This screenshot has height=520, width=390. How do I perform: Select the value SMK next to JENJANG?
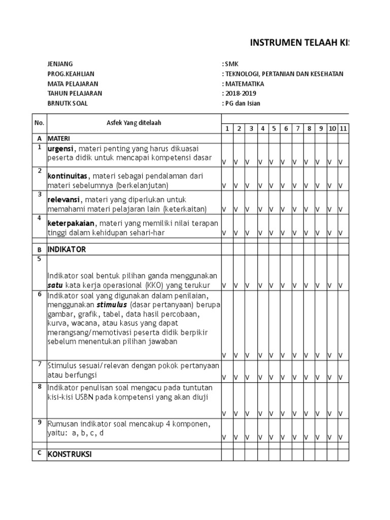tap(231, 64)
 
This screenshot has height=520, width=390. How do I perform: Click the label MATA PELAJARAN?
tap(73, 84)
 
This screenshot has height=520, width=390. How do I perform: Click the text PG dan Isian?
tap(242, 104)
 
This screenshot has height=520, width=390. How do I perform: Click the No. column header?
tap(39, 123)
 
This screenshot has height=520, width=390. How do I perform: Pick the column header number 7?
tap(298, 129)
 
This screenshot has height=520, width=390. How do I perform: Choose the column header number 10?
tap(332, 129)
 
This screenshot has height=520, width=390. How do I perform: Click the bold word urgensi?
tap(60, 148)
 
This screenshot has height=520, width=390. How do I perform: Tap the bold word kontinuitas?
tap(67, 175)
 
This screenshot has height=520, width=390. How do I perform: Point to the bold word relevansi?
tap(64, 200)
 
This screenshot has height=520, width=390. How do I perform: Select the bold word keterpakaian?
tap(71, 223)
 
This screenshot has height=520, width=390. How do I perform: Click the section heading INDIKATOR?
tap(67, 250)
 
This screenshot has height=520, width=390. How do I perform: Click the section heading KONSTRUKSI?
tap(70, 454)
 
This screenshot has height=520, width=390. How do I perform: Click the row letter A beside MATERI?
tap(39, 138)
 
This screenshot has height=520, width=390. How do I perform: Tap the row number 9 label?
tap(39, 422)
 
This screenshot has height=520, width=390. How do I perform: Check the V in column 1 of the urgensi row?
tap(224, 162)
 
